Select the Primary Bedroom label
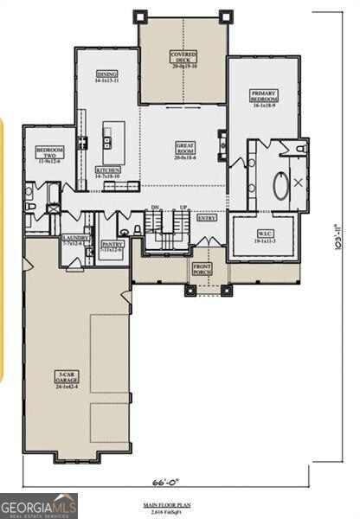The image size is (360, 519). tap(263, 96)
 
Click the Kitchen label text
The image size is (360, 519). tap(108, 173)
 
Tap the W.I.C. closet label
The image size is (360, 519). tap(265, 236)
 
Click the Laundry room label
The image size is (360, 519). tap(74, 241)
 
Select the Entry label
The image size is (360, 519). tap(207, 219)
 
